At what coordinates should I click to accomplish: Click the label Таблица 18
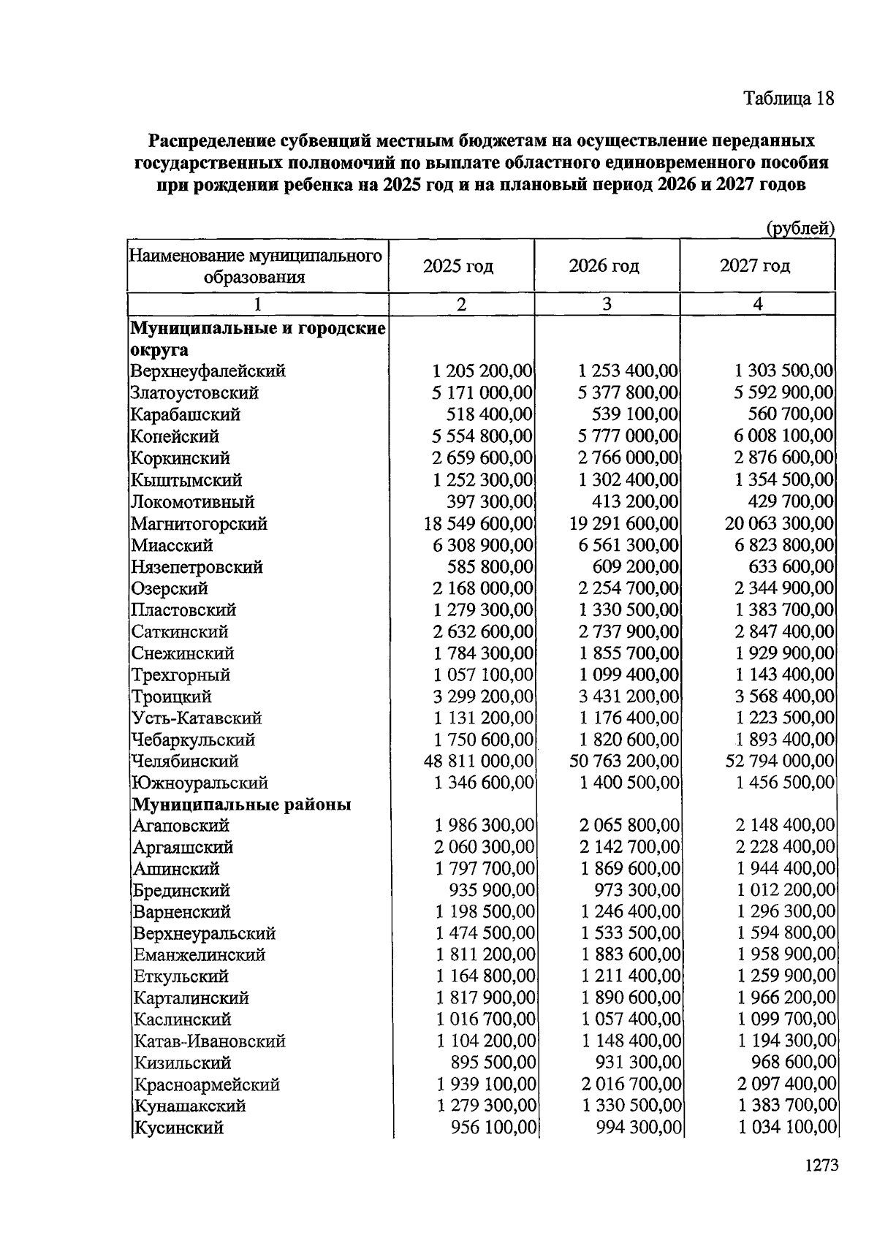[788, 99]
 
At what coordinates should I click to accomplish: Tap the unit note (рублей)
[800, 229]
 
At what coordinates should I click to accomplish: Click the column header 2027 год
[755, 266]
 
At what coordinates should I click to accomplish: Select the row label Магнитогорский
[199, 524]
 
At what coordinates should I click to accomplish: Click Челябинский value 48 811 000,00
[478, 761]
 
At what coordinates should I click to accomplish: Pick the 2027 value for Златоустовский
[783, 393]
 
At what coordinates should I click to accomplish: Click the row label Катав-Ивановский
[209, 1041]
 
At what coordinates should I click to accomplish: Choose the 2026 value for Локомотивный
[634, 502]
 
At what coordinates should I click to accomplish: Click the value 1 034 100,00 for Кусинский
[786, 1128]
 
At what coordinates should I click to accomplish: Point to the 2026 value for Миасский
[628, 546]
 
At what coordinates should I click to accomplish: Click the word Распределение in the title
[212, 140]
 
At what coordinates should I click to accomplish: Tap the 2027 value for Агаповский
[785, 826]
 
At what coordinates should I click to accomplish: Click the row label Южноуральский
[200, 783]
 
